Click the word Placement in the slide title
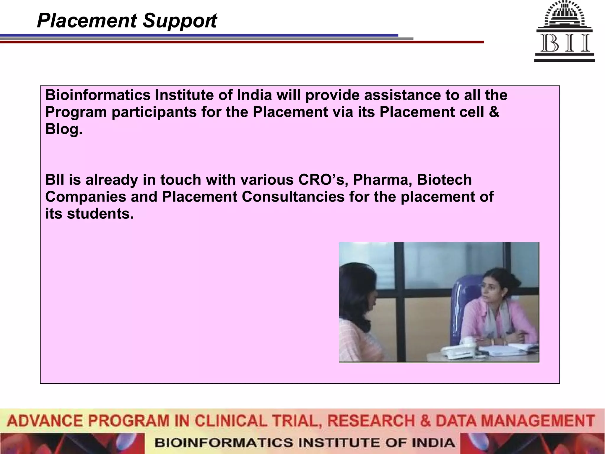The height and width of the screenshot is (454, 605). (87, 21)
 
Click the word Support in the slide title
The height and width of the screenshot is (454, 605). (180, 21)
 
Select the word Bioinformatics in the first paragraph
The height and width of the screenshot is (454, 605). (98, 95)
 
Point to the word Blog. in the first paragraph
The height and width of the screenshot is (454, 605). (64, 129)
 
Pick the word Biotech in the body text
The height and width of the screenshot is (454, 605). (444, 180)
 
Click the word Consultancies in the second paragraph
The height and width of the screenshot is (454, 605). (293, 197)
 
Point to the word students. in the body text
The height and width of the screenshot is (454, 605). (100, 214)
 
